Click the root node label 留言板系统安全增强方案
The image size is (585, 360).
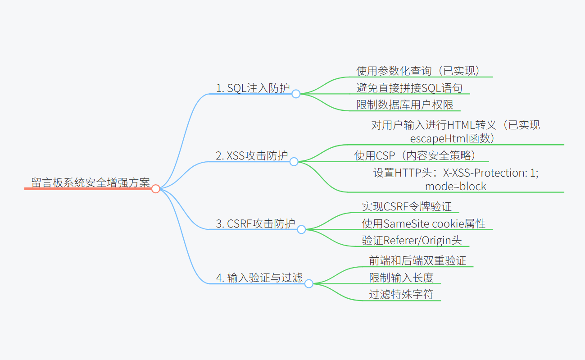click(x=91, y=182)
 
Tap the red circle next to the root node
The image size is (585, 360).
click(x=156, y=189)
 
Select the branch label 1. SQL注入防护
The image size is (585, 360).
click(x=253, y=88)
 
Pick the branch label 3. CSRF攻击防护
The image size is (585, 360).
click(x=255, y=223)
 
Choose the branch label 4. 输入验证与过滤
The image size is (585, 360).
click(x=259, y=278)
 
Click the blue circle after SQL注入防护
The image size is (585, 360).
click(x=296, y=94)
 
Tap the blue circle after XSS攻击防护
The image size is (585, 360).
click(x=294, y=161)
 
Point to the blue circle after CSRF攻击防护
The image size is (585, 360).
click(x=301, y=229)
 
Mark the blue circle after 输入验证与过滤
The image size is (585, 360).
click(x=308, y=283)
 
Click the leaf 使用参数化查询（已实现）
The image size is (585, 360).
click(x=419, y=71)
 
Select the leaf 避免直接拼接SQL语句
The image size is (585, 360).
click(x=409, y=88)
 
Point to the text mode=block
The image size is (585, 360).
click(x=456, y=186)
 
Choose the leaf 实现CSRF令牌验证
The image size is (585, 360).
click(x=407, y=206)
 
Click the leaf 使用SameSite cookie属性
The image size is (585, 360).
click(x=424, y=223)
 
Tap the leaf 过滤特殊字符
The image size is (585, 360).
click(x=401, y=294)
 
